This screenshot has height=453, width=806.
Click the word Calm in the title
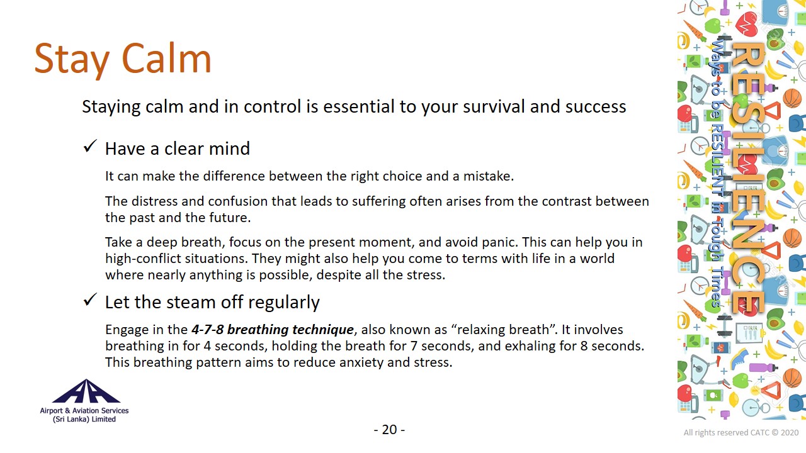(x=166, y=59)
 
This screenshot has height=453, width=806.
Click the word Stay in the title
(x=72, y=60)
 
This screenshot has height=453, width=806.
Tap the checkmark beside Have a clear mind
(x=90, y=147)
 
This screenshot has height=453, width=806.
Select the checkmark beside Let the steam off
(x=90, y=299)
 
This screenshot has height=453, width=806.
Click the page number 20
(x=389, y=430)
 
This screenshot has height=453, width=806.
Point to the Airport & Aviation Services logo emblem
(x=86, y=391)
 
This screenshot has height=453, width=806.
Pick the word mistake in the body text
(x=488, y=176)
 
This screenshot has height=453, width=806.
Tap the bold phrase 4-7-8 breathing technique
(x=273, y=330)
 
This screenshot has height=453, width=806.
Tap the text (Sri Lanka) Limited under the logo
(x=84, y=419)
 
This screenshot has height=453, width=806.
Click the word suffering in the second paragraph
(x=378, y=202)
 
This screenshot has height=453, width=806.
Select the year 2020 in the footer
(x=790, y=432)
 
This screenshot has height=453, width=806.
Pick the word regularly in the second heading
(x=283, y=303)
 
